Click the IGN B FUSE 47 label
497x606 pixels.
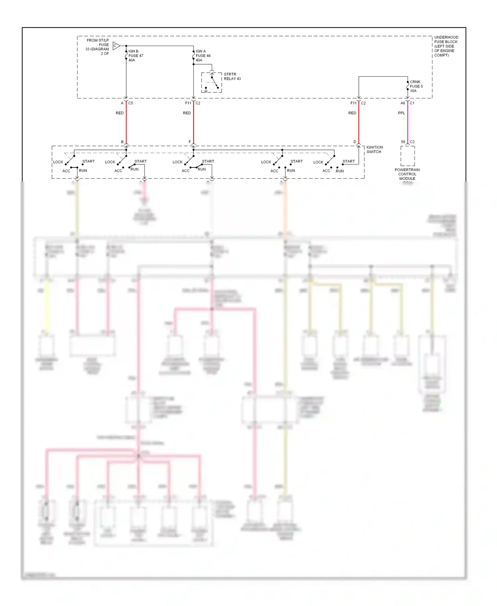click(x=136, y=56)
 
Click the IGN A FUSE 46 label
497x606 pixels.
click(x=203, y=56)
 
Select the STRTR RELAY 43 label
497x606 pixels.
click(x=232, y=77)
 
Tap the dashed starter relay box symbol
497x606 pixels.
click(x=211, y=83)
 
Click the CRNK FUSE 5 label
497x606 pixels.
click(x=416, y=86)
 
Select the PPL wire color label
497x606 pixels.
click(x=401, y=113)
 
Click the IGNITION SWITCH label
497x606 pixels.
click(x=374, y=150)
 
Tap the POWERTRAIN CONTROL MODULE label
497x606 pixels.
click(x=407, y=174)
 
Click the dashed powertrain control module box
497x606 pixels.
click(x=408, y=156)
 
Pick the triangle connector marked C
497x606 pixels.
click(x=116, y=46)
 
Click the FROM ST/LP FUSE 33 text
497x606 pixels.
click(x=97, y=47)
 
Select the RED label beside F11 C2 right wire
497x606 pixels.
click(x=352, y=113)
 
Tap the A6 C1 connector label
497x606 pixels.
click(x=407, y=103)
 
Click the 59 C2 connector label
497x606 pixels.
click(x=408, y=142)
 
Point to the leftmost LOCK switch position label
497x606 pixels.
click(x=58, y=162)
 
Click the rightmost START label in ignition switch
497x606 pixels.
click(x=349, y=161)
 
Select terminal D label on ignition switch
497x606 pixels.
click(x=355, y=142)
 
